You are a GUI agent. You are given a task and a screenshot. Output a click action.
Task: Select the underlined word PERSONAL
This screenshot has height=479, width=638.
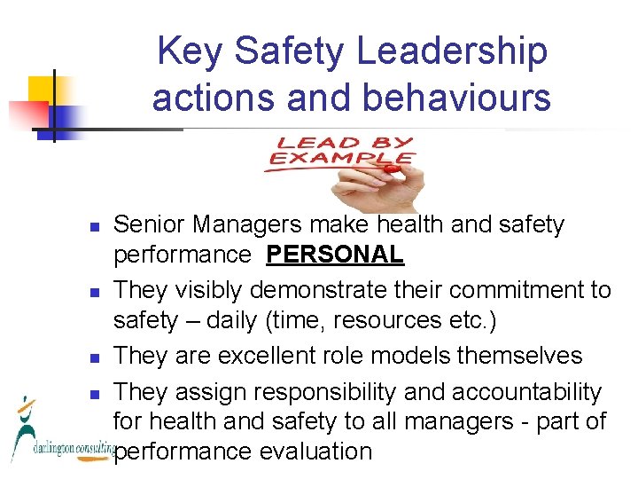(335, 255)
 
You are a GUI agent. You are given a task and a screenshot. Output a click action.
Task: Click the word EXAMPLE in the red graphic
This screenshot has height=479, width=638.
(342, 159)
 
